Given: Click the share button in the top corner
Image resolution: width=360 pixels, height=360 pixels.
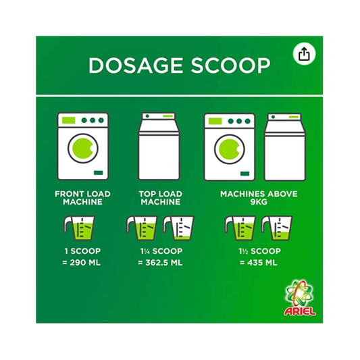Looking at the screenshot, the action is tap(304, 54).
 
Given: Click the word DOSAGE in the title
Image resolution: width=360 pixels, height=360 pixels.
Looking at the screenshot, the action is tap(136, 66).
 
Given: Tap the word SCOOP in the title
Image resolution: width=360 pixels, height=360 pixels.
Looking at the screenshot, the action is tap(230, 66).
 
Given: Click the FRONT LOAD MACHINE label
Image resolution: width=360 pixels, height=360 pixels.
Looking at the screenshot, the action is tap(82, 198).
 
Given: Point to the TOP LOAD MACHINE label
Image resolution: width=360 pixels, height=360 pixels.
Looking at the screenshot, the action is tap(161, 198).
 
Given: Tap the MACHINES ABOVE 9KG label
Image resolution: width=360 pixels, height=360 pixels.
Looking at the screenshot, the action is tap(259, 198).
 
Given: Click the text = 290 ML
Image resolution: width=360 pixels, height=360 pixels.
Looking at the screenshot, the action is tap(82, 263).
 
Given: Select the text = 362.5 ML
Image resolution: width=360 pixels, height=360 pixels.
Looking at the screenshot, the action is tap(160, 263).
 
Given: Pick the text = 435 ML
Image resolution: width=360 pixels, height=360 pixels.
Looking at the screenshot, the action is tap(259, 263).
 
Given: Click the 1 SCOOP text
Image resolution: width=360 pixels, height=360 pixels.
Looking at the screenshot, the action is tap(82, 251).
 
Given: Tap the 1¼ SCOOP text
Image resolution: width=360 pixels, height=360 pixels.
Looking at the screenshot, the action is tap(161, 251).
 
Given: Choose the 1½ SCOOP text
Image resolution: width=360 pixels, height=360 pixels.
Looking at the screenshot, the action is tap(259, 251).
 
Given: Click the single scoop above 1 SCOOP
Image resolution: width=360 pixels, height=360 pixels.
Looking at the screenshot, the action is tap(80, 228).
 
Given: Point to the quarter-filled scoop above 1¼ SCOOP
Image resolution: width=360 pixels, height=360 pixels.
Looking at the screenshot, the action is tap(178, 228).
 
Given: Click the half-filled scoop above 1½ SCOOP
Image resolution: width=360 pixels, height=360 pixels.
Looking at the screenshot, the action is tap(277, 228).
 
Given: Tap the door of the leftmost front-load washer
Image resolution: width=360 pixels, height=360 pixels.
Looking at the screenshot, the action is tap(83, 149).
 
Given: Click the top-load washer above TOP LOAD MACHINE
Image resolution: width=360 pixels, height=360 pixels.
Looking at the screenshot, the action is tap(159, 147).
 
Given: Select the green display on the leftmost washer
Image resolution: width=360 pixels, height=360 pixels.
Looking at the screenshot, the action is tap(69, 120).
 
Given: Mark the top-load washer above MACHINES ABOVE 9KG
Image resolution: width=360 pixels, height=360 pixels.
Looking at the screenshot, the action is tap(285, 147).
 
